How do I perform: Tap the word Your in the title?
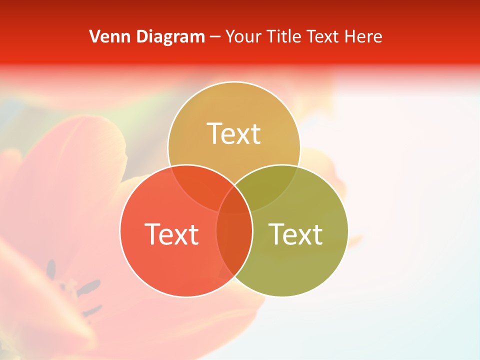pyautogui.click(x=244, y=36)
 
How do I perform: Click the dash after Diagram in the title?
pyautogui.click(x=215, y=37)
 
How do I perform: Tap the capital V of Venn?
pyautogui.click(x=94, y=36)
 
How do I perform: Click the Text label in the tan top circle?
pyautogui.click(x=234, y=133)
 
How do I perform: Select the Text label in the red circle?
pyautogui.click(x=171, y=234)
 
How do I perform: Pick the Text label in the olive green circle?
pyautogui.click(x=296, y=234)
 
